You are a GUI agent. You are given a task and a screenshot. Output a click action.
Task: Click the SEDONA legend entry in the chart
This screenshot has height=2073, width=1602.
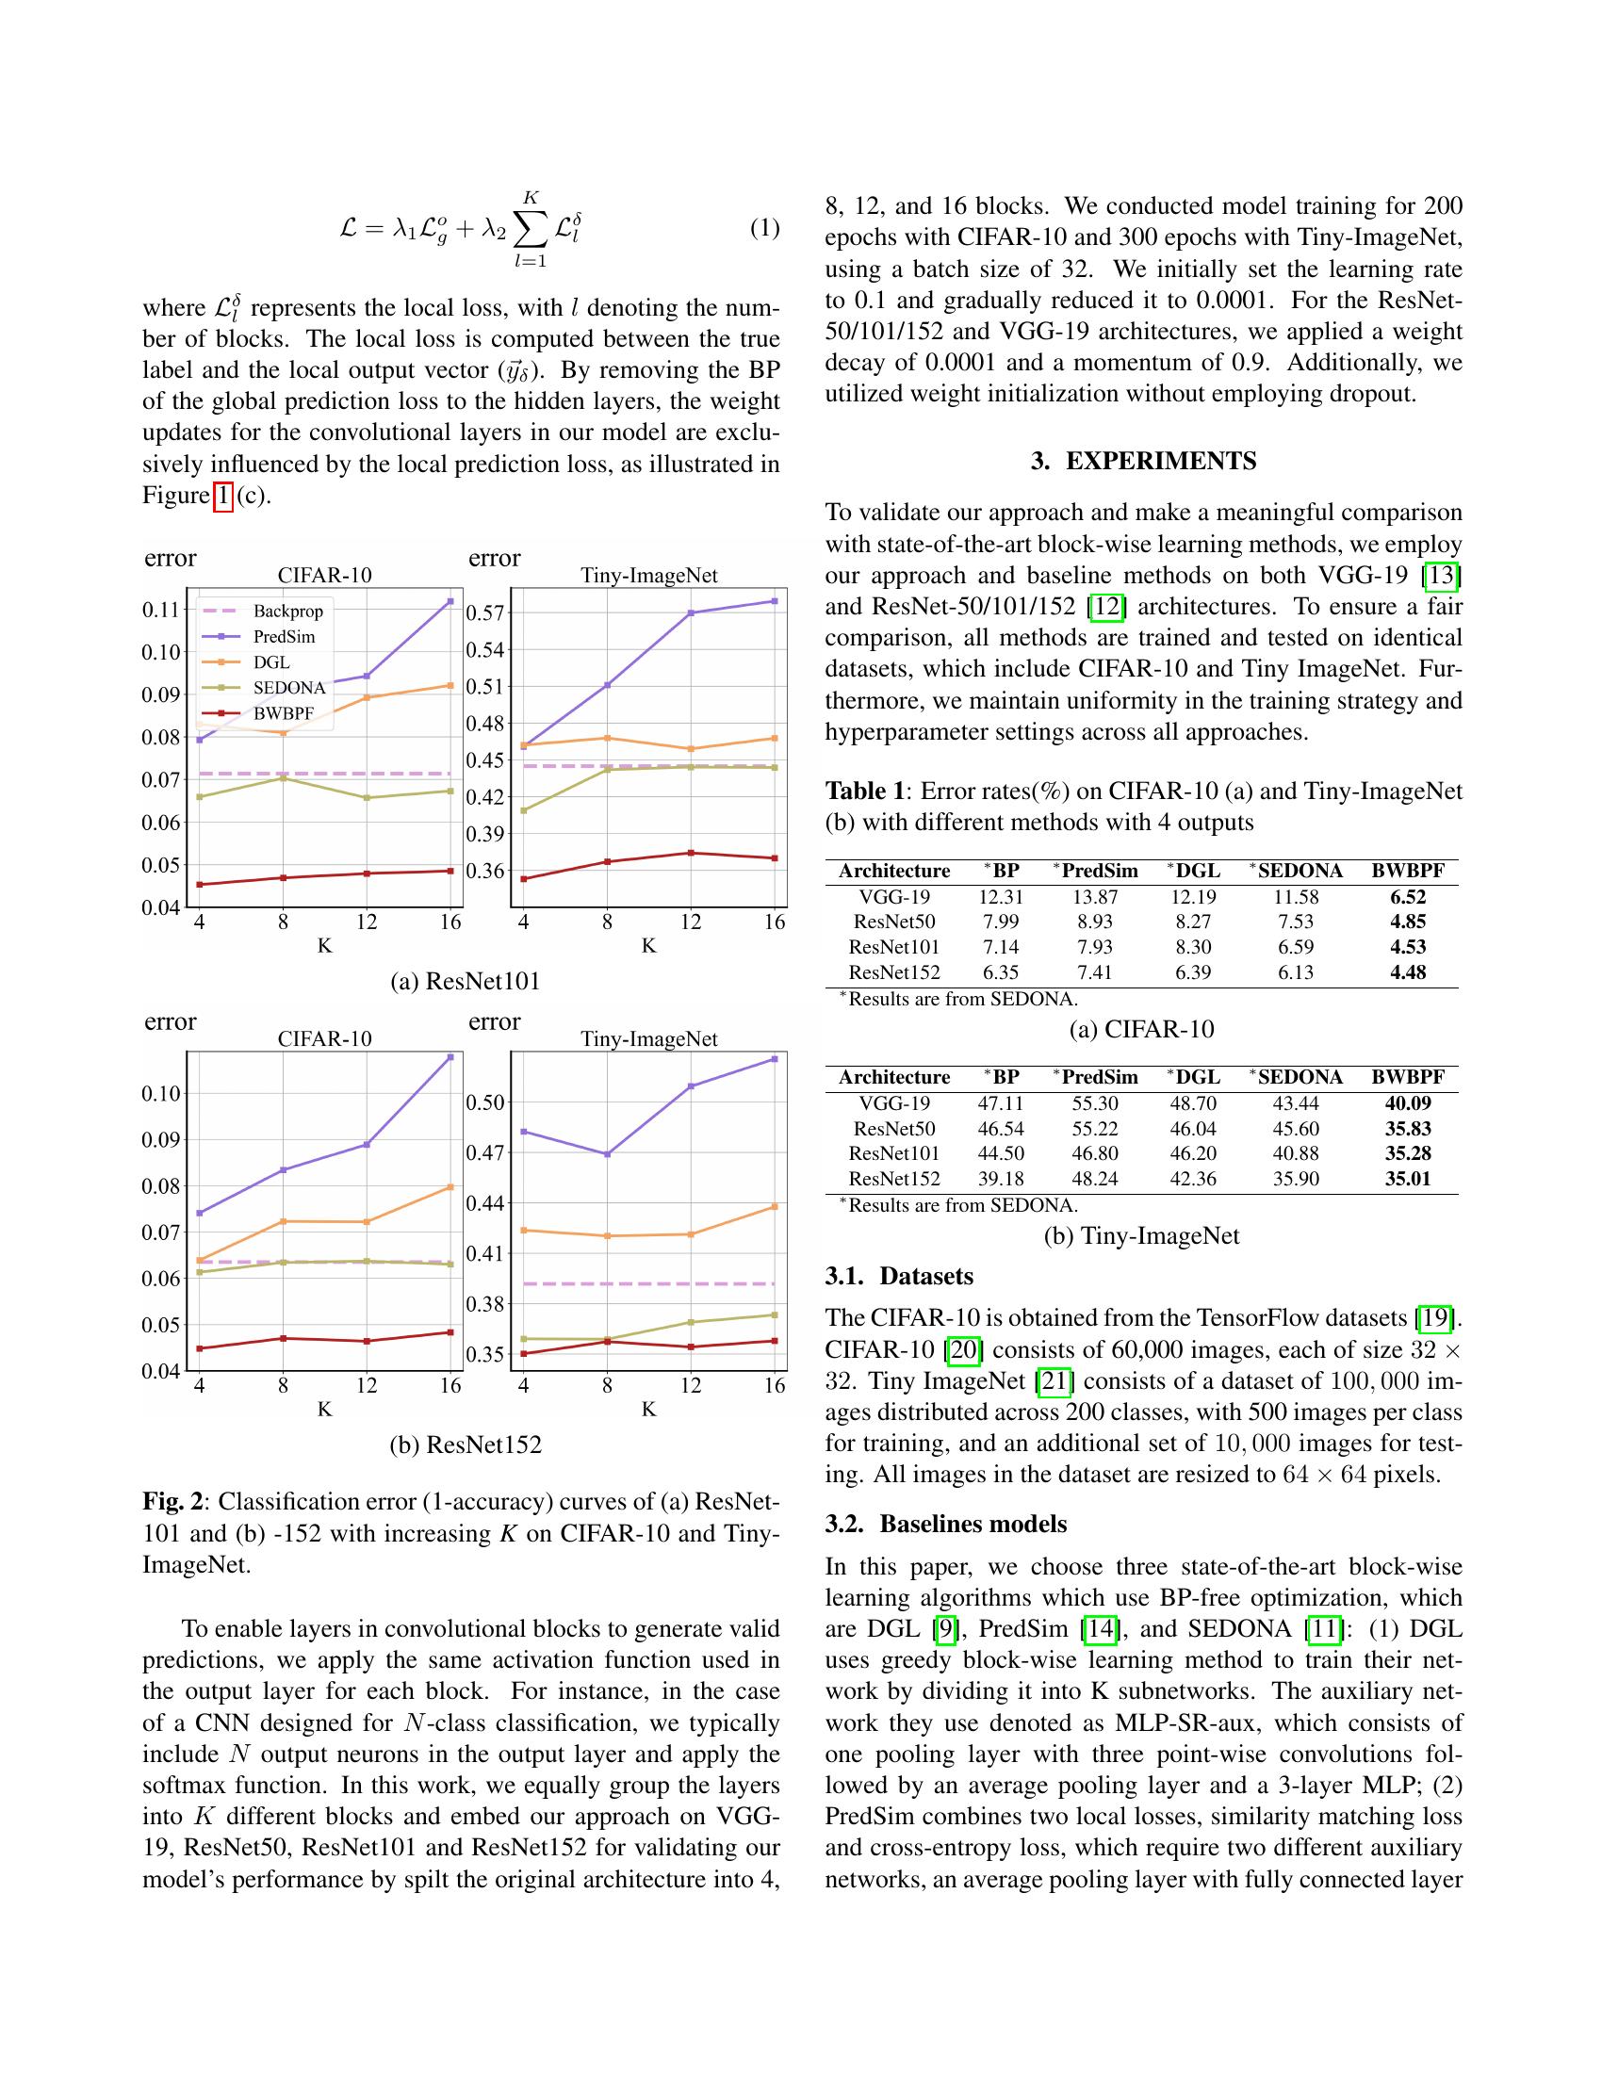click(x=288, y=687)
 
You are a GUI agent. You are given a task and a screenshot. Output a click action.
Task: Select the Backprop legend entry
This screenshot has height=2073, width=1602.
click(x=287, y=612)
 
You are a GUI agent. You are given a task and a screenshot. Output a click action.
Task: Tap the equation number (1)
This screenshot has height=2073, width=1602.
click(x=764, y=228)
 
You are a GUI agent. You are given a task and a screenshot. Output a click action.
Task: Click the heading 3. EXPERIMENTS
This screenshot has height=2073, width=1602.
click(x=1143, y=462)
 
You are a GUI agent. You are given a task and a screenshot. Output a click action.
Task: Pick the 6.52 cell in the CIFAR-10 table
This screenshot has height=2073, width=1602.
click(x=1408, y=897)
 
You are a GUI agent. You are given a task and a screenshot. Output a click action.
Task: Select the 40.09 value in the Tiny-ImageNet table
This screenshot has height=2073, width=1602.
click(x=1408, y=1103)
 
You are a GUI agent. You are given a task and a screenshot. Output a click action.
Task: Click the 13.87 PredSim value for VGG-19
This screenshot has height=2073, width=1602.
click(x=1095, y=897)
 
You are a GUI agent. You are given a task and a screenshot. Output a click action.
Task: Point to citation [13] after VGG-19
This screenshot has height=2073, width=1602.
click(x=1445, y=575)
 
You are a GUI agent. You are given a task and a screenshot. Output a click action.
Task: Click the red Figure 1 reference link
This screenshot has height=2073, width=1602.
click(x=222, y=496)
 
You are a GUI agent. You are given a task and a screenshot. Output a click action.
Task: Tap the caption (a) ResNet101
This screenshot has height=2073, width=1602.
click(x=465, y=981)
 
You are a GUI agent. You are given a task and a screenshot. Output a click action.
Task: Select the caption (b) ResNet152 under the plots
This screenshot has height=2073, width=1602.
click(x=465, y=1445)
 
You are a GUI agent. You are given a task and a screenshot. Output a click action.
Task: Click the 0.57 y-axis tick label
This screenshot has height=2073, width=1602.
click(x=484, y=613)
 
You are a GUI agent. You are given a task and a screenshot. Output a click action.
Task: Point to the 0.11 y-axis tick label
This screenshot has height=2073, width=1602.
click(x=160, y=610)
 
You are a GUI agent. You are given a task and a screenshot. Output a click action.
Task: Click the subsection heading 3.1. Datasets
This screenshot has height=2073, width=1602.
click(x=899, y=1277)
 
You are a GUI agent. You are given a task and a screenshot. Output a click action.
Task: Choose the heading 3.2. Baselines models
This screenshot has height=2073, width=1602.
click(x=945, y=1525)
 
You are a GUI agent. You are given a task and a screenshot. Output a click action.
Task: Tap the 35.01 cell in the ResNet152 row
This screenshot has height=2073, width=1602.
click(x=1408, y=1179)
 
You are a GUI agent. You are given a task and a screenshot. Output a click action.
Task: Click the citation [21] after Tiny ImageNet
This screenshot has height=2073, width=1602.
click(x=1054, y=1381)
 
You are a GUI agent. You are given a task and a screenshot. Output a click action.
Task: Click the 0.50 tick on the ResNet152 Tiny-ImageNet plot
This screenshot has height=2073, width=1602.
click(x=484, y=1103)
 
